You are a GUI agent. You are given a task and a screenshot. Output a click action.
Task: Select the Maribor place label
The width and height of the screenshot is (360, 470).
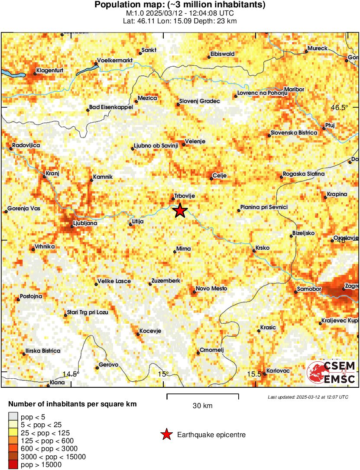point(294,89)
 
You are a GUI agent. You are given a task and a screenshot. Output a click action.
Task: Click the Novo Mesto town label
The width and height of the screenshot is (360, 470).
point(211,289)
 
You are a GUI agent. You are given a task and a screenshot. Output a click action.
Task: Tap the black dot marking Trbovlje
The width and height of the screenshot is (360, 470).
point(173,199)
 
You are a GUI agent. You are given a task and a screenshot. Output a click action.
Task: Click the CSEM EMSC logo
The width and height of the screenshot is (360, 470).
point(331,373)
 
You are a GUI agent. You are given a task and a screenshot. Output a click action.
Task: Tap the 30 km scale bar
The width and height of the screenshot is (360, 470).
point(203,395)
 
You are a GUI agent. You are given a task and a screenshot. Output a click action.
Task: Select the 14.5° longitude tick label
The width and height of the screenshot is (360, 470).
point(71,374)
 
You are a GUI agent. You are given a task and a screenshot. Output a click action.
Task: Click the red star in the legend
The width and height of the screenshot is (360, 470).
point(166,435)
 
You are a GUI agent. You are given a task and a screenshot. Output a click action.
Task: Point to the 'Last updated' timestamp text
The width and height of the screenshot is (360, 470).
point(308,397)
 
